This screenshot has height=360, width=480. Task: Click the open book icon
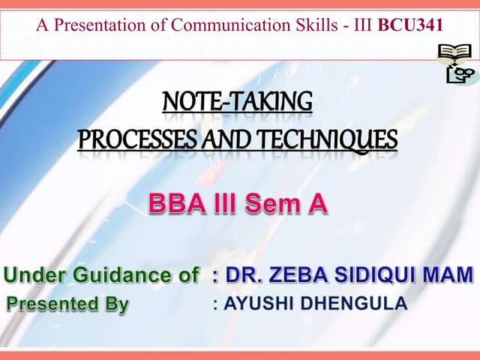click(x=453, y=53)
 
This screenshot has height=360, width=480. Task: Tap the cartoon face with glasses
click(x=460, y=73)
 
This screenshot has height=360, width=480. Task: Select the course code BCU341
click(x=410, y=25)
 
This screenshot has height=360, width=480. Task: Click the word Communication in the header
click(x=224, y=25)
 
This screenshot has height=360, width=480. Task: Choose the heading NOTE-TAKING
click(x=237, y=100)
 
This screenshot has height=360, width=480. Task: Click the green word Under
click(x=36, y=274)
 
